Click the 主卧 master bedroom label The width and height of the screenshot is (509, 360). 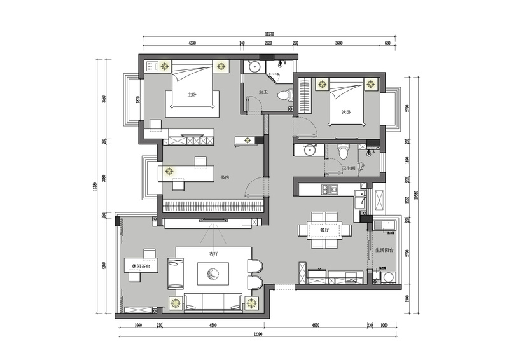[x=191, y=94]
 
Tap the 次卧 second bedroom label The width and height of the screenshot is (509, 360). [x=347, y=112]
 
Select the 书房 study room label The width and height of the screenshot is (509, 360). [x=225, y=177]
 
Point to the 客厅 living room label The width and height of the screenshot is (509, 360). [x=214, y=253]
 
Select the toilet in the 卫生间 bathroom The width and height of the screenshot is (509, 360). [x=344, y=151]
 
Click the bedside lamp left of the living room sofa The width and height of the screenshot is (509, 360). [x=174, y=302]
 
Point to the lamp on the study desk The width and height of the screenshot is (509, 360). [x=169, y=170]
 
